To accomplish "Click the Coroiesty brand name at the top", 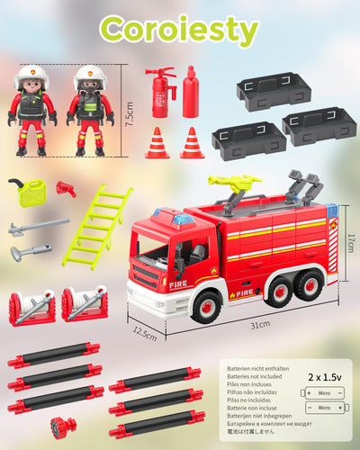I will pyautogui.click(x=180, y=30).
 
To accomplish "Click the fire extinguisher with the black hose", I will pyautogui.click(x=160, y=95).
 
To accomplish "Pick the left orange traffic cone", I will pyautogui.click(x=157, y=144).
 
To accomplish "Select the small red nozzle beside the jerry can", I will pyautogui.click(x=66, y=188).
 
